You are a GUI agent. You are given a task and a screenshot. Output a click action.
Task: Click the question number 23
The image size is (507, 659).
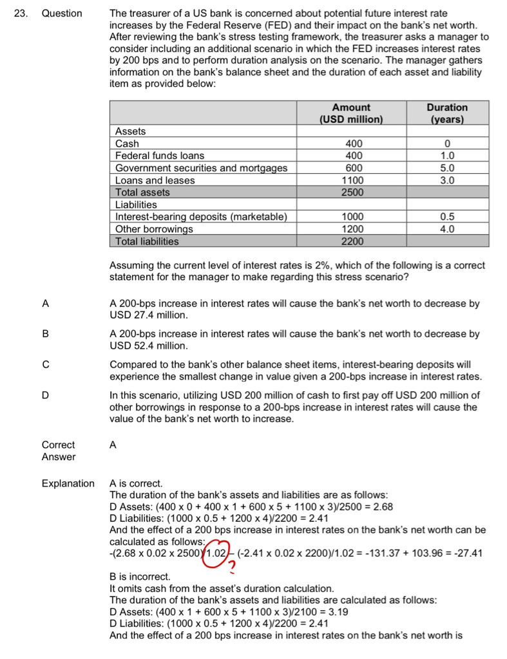tap(21, 13)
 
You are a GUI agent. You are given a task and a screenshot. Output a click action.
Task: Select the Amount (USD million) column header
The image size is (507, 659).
tap(351, 113)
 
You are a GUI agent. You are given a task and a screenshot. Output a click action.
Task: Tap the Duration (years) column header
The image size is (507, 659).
tap(448, 113)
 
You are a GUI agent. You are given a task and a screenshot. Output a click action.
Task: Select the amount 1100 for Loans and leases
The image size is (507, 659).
tap(352, 180)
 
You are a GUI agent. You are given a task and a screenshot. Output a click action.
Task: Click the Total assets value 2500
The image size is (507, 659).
tap(352, 192)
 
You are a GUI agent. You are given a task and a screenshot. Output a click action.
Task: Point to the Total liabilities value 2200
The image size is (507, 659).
tap(352, 241)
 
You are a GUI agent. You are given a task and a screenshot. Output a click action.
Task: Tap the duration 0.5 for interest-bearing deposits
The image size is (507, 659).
tap(447, 217)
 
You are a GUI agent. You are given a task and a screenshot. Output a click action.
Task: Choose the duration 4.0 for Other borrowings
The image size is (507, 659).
tap(447, 229)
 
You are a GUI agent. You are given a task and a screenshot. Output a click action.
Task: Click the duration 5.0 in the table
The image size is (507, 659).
tap(447, 168)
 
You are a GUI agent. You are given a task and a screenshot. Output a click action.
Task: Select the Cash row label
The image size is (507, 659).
tap(127, 144)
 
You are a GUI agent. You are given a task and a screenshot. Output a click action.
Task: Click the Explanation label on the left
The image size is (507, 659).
tap(68, 483)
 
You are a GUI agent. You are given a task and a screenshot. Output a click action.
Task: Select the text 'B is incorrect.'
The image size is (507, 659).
tap(140, 577)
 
